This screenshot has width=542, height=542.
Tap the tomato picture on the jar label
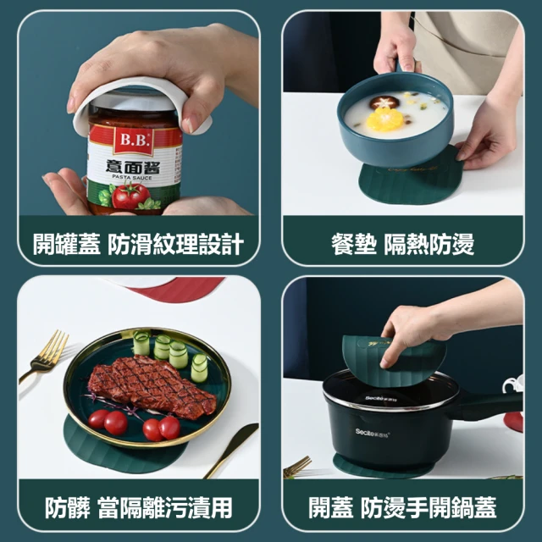point(130,196)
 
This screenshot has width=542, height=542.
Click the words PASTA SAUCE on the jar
point(132,177)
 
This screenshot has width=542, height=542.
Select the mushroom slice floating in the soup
point(384,102)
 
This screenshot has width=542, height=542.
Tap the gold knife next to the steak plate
point(231,450)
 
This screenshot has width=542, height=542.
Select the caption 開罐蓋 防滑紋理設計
point(138,244)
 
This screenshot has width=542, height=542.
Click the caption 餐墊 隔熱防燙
point(403,244)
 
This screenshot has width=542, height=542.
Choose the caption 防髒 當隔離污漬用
point(138,507)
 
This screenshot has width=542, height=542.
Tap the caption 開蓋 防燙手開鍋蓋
point(403,507)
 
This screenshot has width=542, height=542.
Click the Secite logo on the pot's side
point(373,432)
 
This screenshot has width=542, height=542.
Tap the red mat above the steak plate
point(176,289)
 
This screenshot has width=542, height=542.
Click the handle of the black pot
point(491,405)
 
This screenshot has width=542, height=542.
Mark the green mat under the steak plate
point(121,453)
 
